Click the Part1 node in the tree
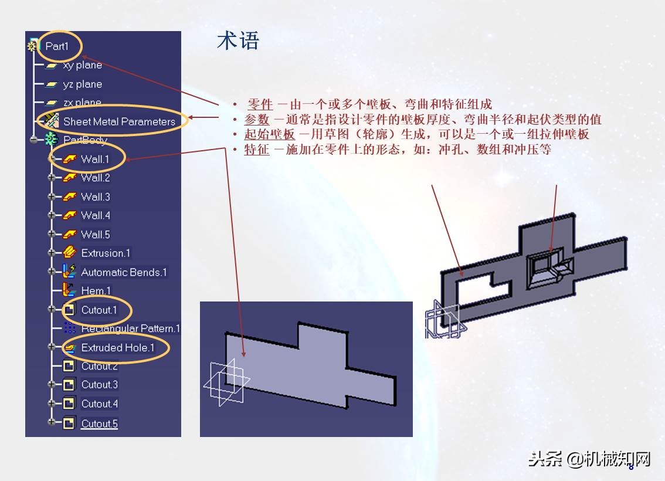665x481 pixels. point(57,46)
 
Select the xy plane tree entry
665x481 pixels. point(82,65)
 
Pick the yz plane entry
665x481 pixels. point(82,84)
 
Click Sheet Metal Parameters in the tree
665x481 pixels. point(119,121)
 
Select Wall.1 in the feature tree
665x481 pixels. point(95,159)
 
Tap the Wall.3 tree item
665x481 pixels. point(95,197)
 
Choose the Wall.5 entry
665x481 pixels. point(95,234)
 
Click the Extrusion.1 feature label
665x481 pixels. point(106,253)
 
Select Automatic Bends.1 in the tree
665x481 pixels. point(124,272)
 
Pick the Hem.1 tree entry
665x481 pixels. point(96,290)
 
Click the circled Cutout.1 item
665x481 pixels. point(99,310)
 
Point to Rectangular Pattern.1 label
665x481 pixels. point(130,328)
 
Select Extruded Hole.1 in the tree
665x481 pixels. point(117,347)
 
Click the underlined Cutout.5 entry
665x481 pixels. point(99,424)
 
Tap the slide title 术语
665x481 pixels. point(238,41)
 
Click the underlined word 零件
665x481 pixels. point(260,105)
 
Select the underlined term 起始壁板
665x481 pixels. point(269,134)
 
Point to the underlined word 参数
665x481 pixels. point(257,120)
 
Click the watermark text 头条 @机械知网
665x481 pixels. point(589,459)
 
